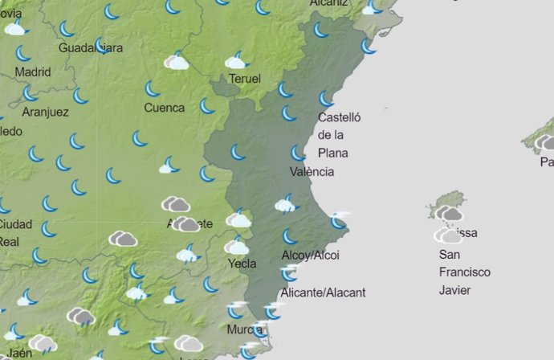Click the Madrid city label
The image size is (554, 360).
pos(33,72)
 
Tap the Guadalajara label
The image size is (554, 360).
pos(91,48)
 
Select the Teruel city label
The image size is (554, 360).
pos(245,79)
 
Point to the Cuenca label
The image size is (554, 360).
pos(164,108)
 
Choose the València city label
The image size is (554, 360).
pos(312,171)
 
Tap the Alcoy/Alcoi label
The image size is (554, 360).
pos(310,255)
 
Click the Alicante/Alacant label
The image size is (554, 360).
pos(323,292)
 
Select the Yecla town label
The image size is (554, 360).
pos(242,263)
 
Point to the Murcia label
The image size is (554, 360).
pos(244,329)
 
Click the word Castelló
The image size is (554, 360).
pos(340,117)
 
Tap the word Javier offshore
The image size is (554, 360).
pos(454,290)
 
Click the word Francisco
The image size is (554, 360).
pos(464,272)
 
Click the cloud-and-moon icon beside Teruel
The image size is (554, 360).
pos(236,61)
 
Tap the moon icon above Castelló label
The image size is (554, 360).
pos(326,99)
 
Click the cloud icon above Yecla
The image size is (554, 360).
pos(237,247)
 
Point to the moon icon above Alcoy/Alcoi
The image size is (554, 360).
pos(289,236)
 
